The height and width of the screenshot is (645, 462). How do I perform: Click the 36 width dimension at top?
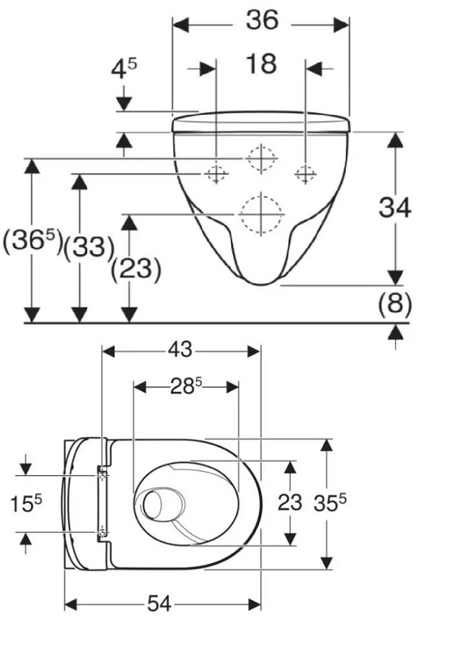tap(262, 21)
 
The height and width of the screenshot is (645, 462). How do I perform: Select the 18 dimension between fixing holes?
tap(261, 65)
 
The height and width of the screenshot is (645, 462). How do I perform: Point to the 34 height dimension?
tap(395, 207)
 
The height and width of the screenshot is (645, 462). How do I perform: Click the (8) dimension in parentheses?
tap(394, 304)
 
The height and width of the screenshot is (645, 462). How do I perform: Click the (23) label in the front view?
tap(136, 269)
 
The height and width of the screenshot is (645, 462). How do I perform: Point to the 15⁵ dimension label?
tap(26, 504)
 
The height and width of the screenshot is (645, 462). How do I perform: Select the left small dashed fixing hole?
tap(214, 174)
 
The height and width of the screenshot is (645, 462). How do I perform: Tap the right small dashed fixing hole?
tap(305, 174)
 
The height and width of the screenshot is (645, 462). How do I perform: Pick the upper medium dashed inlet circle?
tap(261, 158)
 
